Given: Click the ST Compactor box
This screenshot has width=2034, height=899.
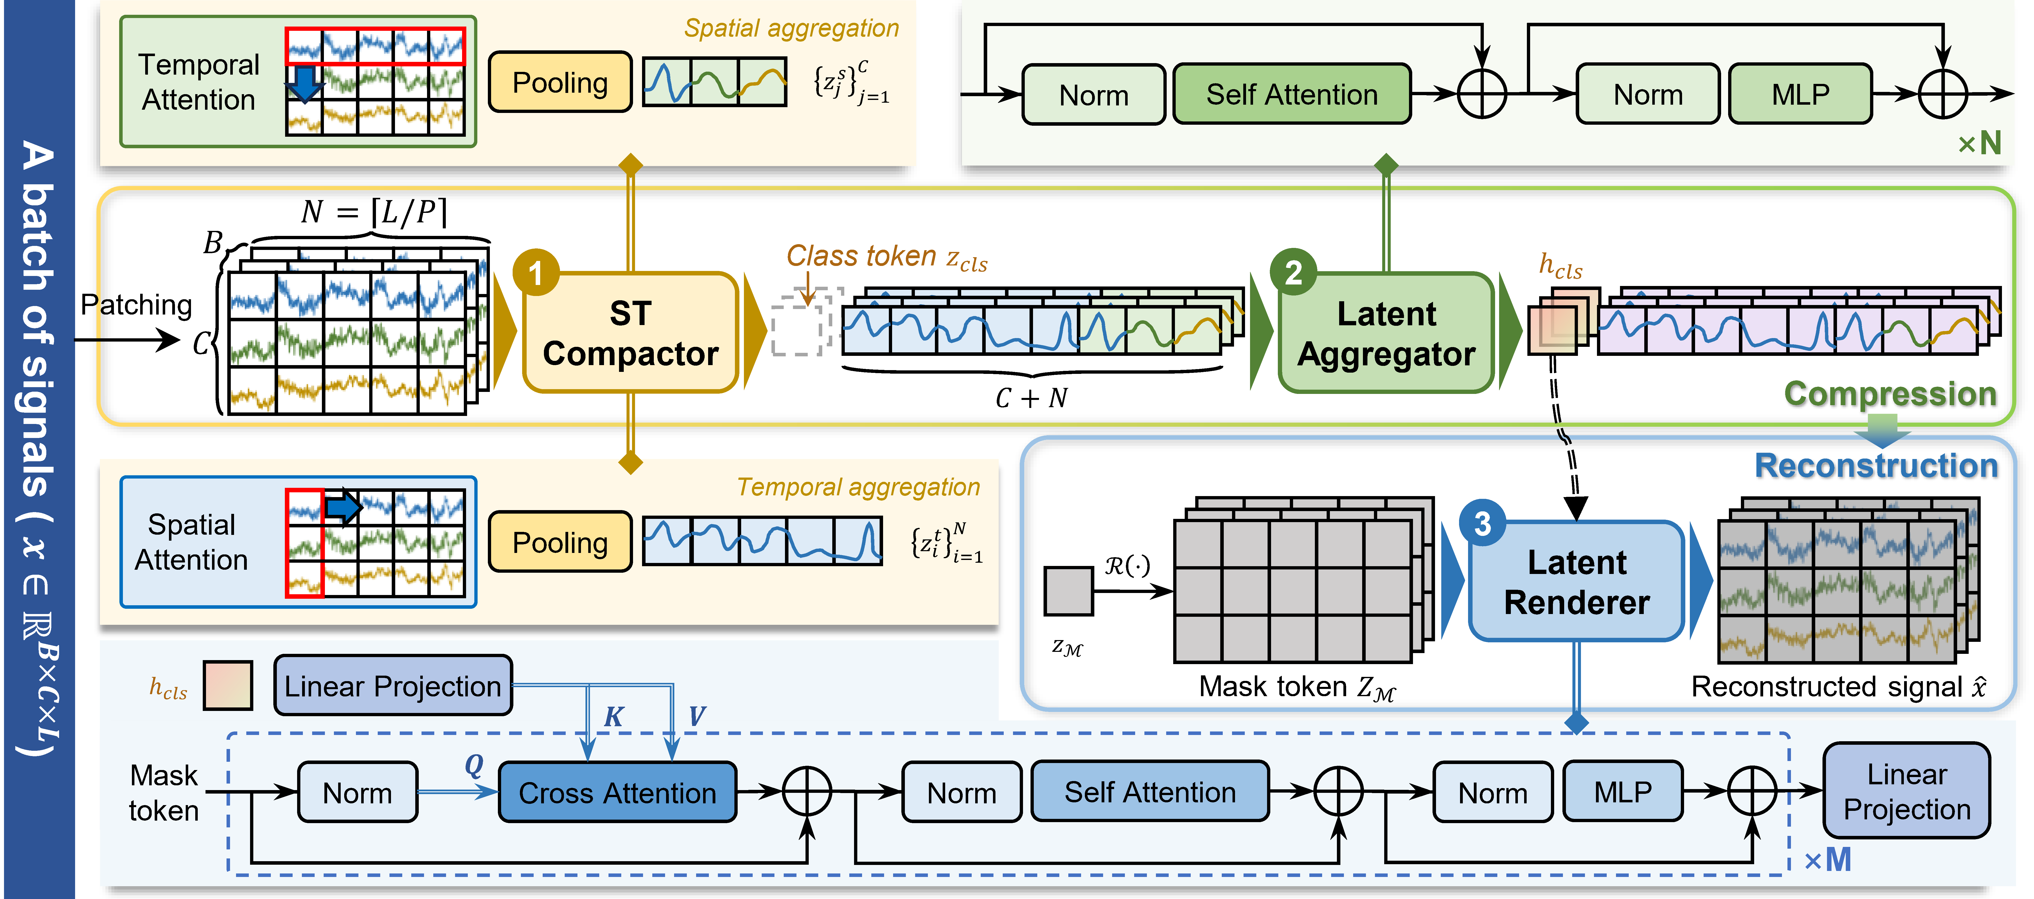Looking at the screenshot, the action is pos(630,333).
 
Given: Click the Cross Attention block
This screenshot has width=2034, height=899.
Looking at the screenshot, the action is pos(618,792).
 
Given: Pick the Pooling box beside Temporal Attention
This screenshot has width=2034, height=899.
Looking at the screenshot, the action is pos(560,82).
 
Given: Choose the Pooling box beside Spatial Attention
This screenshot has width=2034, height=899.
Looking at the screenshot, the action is pos(560,542).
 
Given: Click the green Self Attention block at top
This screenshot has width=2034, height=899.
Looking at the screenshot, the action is pos(1292,94).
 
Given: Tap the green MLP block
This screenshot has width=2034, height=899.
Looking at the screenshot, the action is pos(1800,94).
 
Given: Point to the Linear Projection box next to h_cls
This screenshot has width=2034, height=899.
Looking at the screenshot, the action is pos(392,686).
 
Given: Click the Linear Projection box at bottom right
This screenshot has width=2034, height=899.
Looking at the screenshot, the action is pos(1907,791).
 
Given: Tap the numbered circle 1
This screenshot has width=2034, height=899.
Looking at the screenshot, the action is pos(536,273).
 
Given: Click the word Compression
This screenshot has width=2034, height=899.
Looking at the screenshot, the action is pos(1890,393).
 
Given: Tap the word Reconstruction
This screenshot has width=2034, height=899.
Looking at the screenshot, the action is pos(1876,466).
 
